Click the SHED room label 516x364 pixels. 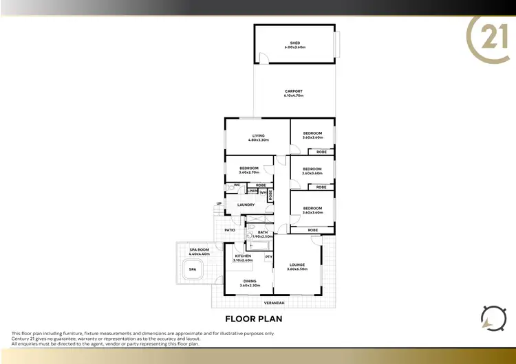(x=294, y=43)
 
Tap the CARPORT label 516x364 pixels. (x=293, y=91)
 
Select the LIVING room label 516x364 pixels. (x=259, y=136)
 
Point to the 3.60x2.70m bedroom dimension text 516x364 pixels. (x=249, y=172)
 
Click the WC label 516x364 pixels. (x=237, y=185)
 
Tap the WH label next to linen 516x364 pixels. (x=263, y=192)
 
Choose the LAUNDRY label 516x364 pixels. (x=246, y=205)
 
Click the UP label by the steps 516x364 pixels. (x=219, y=203)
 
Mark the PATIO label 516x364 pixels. (x=230, y=229)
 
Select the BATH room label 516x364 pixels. (x=263, y=232)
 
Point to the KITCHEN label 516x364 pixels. (x=244, y=256)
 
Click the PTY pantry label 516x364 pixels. (x=268, y=257)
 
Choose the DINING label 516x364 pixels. (x=249, y=282)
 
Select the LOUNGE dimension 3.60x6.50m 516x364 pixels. (x=297, y=269)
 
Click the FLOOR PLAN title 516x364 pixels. (x=254, y=319)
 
